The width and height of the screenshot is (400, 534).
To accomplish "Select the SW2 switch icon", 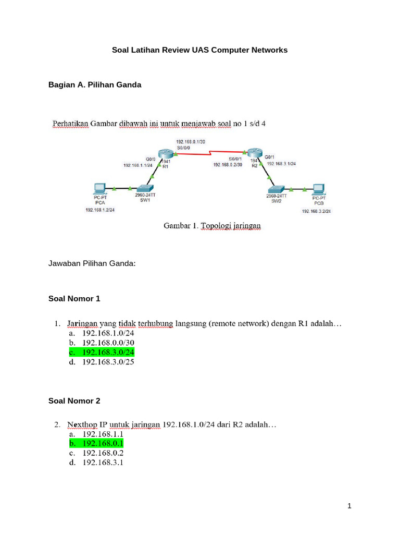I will [275, 189].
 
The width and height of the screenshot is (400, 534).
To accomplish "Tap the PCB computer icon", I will [318, 189].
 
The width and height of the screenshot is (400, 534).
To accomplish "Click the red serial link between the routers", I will [211, 153].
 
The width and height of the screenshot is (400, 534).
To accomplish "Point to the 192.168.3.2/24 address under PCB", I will [316, 211].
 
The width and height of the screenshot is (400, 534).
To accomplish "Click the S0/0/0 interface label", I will [183, 148].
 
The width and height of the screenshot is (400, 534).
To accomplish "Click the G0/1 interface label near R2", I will [270, 156].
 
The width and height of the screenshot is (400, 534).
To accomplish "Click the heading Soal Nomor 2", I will [74, 401].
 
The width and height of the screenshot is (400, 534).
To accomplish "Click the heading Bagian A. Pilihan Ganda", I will [94, 84].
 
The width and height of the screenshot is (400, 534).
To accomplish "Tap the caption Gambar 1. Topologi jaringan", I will [212, 226].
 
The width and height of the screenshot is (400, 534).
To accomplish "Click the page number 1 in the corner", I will [350, 506].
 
